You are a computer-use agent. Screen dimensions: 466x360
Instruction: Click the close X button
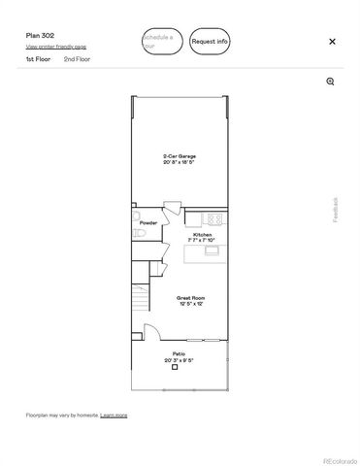[332, 42]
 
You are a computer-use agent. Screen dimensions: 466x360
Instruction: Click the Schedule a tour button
[161, 41]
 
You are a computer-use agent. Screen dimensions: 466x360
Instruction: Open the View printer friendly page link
[55, 47]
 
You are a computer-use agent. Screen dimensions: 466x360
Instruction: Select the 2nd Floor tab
[77, 59]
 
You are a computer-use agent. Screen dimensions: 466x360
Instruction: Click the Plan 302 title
[40, 35]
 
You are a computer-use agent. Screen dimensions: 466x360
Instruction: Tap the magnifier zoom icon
[331, 82]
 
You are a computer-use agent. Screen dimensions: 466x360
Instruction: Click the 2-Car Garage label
[179, 158]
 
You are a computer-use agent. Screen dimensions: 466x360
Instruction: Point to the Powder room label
[148, 222]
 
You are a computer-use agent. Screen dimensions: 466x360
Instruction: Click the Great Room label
[189, 300]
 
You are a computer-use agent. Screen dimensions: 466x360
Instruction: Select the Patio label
[179, 355]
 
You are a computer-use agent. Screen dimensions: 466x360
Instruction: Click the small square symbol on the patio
[175, 368]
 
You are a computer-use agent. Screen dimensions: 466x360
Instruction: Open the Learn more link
[114, 415]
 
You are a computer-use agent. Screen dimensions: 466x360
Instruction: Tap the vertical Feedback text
[337, 210]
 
